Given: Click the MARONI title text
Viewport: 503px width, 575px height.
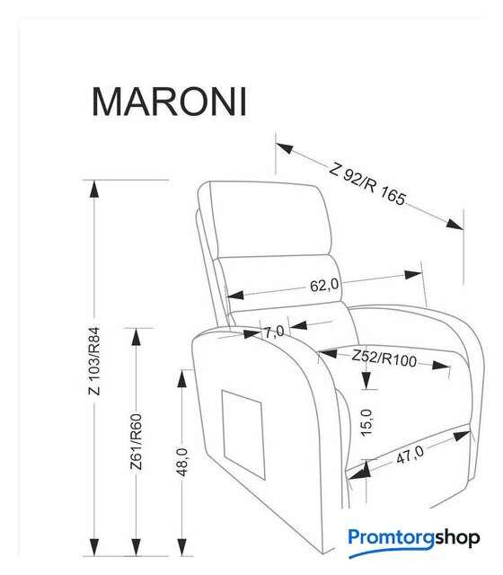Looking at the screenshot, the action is point(169,102).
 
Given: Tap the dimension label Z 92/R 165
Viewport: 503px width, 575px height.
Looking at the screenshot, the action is point(368,182).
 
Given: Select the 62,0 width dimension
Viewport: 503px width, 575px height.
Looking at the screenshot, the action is point(324,286).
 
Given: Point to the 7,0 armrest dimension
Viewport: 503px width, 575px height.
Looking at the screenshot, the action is point(275,332).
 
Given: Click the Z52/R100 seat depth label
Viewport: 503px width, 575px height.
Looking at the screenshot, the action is point(384,358).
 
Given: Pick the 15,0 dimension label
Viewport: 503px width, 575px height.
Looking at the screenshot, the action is point(366,422).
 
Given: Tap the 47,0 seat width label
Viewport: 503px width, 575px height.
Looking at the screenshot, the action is point(410,455).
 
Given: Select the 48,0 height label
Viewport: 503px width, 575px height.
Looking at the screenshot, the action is point(182,462).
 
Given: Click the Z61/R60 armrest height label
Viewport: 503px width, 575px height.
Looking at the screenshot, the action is point(136,442).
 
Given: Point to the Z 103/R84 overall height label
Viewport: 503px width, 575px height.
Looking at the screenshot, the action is point(94,361).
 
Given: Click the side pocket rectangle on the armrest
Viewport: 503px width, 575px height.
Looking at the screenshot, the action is point(243,435).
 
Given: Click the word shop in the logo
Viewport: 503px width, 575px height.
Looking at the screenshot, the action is point(457,538).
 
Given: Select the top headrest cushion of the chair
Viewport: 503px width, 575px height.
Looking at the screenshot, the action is point(266,218).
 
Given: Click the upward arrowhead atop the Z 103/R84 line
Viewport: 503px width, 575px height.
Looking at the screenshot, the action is point(94,189).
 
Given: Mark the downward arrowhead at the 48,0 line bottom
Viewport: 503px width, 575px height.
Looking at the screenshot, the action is point(182,547).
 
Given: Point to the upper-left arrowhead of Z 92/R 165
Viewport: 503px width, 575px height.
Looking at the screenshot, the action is point(285,148).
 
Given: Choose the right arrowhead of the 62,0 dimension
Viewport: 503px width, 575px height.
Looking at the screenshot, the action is point(413,275).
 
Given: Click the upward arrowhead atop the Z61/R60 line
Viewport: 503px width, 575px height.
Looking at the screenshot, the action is point(136,337).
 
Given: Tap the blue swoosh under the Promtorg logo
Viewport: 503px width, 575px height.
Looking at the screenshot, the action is point(391,553).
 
